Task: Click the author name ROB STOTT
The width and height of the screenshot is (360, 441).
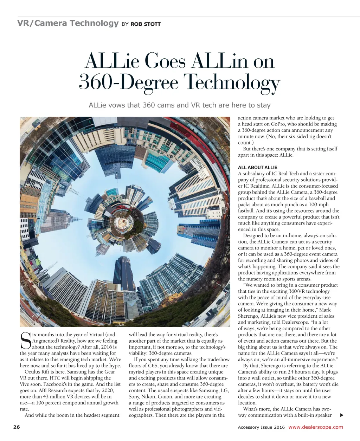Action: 145,24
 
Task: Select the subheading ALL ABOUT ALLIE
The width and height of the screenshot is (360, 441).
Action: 258,167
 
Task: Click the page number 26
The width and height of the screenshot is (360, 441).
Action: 16,427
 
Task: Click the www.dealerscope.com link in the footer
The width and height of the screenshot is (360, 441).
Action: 315,427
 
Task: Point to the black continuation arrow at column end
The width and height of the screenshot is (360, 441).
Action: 341,415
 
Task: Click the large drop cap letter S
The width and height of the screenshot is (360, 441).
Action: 26,341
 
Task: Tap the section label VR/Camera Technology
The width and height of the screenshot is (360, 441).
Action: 68,23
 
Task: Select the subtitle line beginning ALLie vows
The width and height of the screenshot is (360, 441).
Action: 180,105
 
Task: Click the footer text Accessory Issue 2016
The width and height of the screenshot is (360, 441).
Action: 261,427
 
